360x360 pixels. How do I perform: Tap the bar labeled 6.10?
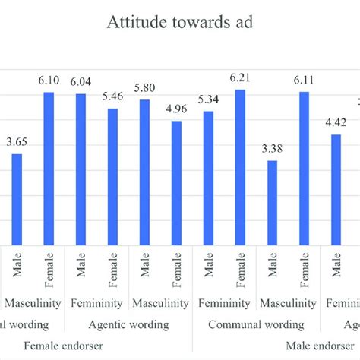coord(49,167)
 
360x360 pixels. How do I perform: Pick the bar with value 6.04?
coord(81,168)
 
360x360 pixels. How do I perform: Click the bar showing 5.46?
coord(112,175)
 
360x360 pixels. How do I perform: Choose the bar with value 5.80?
coord(144,171)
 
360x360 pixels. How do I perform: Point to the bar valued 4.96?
coord(176,182)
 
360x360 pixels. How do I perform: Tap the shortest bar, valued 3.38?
coord(272,201)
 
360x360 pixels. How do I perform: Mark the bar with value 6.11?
coord(304,167)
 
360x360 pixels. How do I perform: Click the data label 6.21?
coord(240,78)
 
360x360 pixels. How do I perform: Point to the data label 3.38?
coord(272,149)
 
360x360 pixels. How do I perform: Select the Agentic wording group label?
coord(129,324)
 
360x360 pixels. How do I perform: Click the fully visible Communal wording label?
coord(256,324)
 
